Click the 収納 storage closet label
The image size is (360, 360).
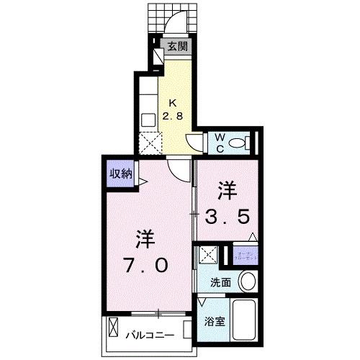120,173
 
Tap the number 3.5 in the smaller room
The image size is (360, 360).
230,216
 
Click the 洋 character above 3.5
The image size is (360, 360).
228,190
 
